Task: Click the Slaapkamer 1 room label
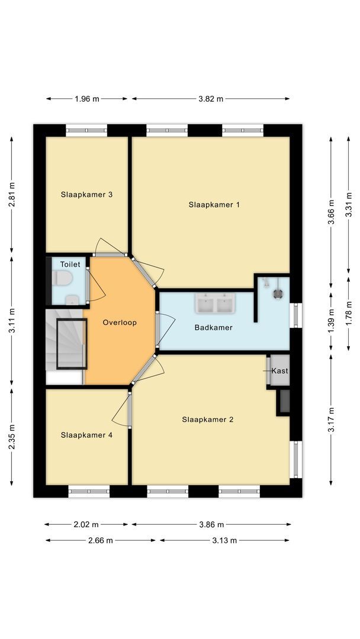click(x=214, y=205)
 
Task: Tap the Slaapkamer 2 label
click(x=207, y=419)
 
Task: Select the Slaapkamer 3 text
click(x=86, y=194)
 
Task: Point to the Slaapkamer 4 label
click(x=86, y=435)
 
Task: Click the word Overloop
click(x=120, y=322)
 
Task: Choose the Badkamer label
click(x=213, y=327)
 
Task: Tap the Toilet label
click(x=70, y=264)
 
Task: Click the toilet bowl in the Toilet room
click(x=62, y=278)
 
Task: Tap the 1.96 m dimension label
click(x=87, y=99)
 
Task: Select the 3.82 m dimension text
click(x=211, y=99)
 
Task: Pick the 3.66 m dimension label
click(x=332, y=211)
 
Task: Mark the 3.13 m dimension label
click(x=225, y=540)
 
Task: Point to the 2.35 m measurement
click(x=11, y=437)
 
